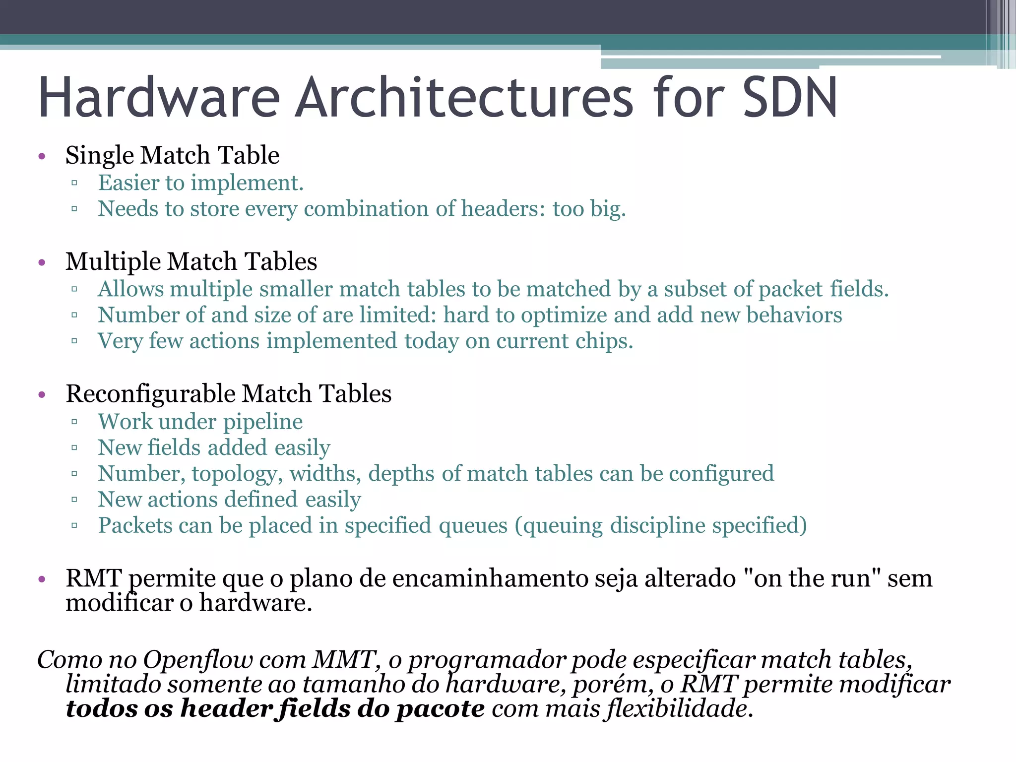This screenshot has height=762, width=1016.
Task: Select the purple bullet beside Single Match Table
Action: click(42, 157)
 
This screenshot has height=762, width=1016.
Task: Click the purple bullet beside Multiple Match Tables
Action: click(42, 262)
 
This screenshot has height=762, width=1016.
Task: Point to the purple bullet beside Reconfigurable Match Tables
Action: click(42, 395)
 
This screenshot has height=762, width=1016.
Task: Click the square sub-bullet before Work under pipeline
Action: click(74, 422)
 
